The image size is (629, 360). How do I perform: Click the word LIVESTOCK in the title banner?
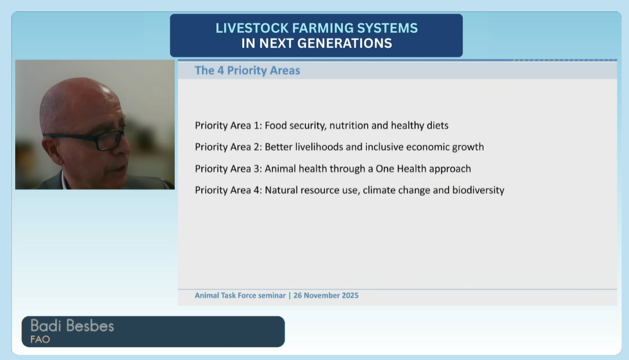[x=252, y=28]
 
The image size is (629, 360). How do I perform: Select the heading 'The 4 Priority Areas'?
[x=248, y=70]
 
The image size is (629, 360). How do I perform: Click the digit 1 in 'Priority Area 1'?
[x=257, y=126]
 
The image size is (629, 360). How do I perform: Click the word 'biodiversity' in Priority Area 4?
[x=478, y=190]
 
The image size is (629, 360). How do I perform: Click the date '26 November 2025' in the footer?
[x=326, y=296]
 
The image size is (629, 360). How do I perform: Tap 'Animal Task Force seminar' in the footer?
[x=240, y=296]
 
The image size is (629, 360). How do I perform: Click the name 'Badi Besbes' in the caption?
[x=72, y=326]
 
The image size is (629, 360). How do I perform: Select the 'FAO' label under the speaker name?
[x=40, y=339]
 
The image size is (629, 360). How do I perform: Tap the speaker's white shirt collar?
[x=63, y=180]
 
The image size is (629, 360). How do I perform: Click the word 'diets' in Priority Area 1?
[x=437, y=126]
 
